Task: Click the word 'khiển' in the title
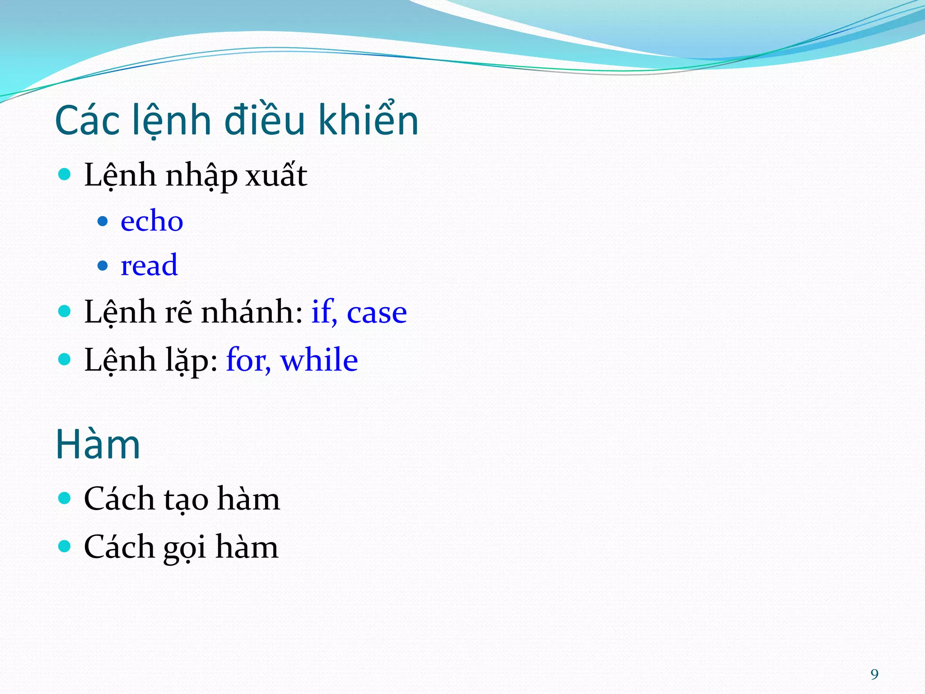(368, 120)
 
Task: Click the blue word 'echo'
(152, 221)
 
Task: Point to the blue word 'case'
(377, 312)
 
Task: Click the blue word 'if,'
(324, 312)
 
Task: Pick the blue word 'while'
(319, 360)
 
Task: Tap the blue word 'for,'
(248, 360)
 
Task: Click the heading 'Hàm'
(98, 445)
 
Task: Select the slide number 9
(874, 674)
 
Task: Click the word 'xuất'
(276, 175)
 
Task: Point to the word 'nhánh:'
(252, 312)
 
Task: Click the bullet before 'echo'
(103, 221)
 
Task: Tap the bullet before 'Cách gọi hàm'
(65, 546)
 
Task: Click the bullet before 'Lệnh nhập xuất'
(65, 174)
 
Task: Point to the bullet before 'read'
(103, 265)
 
